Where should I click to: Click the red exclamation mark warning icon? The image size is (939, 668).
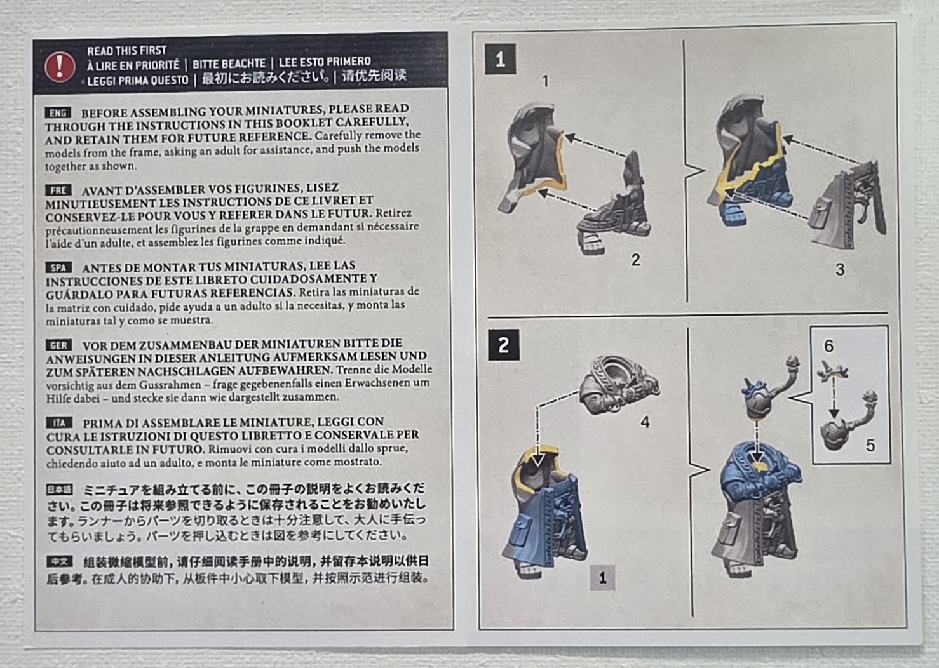click(x=60, y=67)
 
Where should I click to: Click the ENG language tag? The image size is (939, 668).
click(x=58, y=113)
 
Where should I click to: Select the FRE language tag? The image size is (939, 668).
click(x=58, y=190)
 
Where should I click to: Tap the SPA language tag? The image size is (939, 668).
click(x=58, y=268)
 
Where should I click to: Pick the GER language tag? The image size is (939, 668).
click(x=58, y=345)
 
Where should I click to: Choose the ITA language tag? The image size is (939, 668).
click(x=59, y=423)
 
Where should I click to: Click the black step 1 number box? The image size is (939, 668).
click(x=500, y=60)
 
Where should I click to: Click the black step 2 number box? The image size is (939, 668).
click(x=504, y=345)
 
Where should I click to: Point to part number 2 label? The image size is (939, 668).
click(x=635, y=260)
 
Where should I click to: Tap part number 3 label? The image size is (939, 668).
click(x=840, y=269)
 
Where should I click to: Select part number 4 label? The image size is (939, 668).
click(x=645, y=422)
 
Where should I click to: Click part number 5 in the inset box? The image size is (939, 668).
click(x=870, y=445)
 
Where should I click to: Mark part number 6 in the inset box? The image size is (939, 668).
click(x=828, y=345)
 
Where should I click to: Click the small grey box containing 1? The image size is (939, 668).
click(x=602, y=578)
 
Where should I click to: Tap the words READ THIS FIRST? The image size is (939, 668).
click(x=126, y=51)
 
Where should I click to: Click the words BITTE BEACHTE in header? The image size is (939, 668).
click(x=229, y=63)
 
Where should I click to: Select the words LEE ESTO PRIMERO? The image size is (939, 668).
click(x=325, y=62)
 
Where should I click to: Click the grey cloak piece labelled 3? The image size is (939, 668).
click(x=848, y=204)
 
